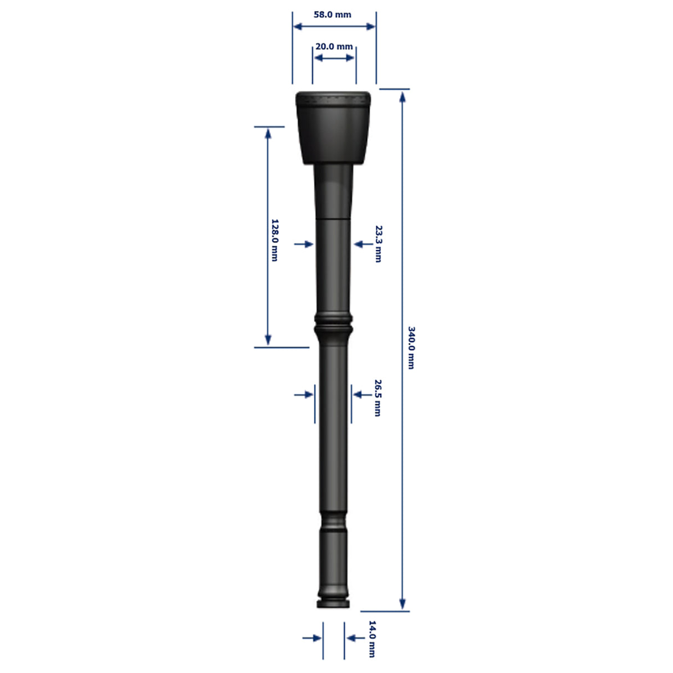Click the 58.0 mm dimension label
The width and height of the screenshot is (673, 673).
[x=332, y=14]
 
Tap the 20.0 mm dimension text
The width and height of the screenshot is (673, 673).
[x=334, y=47]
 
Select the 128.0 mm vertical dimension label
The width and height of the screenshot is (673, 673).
[x=274, y=240]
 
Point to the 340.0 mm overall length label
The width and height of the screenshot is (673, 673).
[x=411, y=348]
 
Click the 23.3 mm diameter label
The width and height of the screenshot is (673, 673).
[x=378, y=244]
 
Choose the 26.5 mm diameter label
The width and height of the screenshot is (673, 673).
[x=378, y=398]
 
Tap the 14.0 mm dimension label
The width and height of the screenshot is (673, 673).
[x=373, y=639]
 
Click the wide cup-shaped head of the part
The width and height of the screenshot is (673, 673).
[x=333, y=128]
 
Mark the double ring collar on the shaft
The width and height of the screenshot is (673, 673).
[x=333, y=323]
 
